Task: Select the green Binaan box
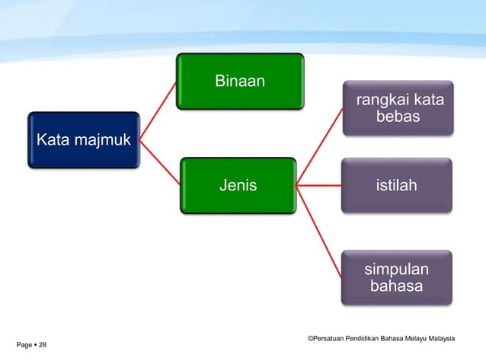(x=240, y=81)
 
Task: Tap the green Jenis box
(x=238, y=184)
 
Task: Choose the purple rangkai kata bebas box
(x=397, y=108)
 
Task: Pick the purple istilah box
(x=397, y=184)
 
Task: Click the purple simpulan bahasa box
(x=397, y=277)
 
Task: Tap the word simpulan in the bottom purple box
(x=396, y=270)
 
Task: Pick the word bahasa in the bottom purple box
(x=397, y=286)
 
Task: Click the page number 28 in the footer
(x=42, y=346)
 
